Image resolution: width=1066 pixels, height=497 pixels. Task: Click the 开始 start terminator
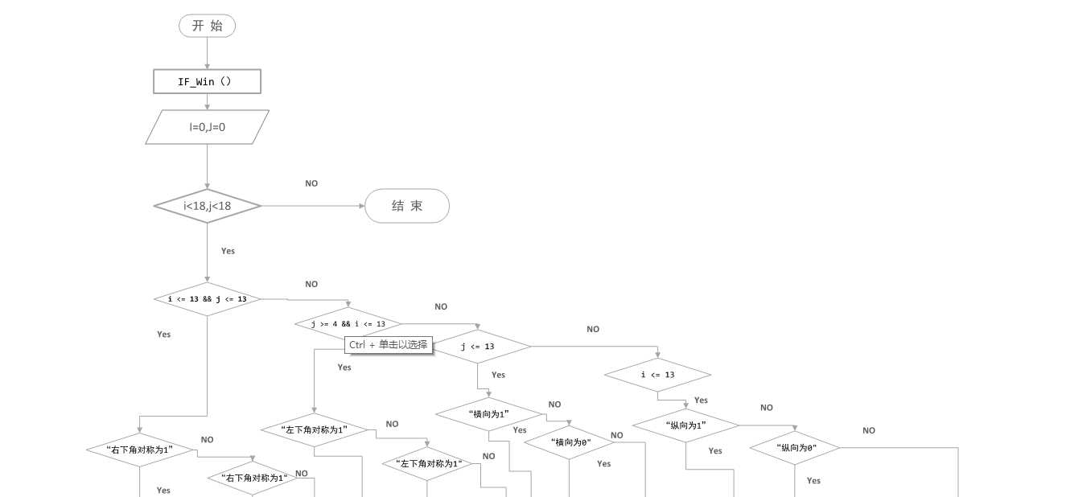click(x=207, y=26)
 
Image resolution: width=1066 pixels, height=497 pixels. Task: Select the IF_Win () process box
click(x=207, y=81)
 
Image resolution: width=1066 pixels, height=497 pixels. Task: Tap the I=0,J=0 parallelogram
click(x=207, y=127)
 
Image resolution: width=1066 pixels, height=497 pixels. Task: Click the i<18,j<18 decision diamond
click(x=208, y=206)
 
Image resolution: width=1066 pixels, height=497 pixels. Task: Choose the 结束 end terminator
click(x=406, y=206)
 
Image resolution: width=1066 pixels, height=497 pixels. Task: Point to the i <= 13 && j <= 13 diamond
click(x=207, y=299)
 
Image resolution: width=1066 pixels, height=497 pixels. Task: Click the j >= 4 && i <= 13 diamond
click(x=348, y=324)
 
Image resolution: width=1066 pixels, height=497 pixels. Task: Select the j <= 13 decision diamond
click(x=478, y=347)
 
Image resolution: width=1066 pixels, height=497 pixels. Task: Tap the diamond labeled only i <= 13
click(x=657, y=375)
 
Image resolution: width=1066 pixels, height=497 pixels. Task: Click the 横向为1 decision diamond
click(x=488, y=413)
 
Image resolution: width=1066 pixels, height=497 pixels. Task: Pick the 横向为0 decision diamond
click(x=570, y=442)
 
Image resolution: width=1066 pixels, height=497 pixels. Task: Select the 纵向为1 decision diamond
click(x=685, y=425)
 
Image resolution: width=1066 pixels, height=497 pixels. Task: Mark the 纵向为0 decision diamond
click(x=795, y=448)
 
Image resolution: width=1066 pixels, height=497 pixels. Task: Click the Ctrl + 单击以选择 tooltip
click(x=389, y=344)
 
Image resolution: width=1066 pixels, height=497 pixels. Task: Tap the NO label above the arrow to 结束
click(x=311, y=183)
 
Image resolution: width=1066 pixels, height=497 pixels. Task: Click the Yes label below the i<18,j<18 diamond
click(x=228, y=251)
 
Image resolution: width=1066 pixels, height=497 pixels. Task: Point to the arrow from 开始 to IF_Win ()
click(x=207, y=53)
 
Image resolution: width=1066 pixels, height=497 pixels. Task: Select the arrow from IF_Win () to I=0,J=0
click(x=207, y=101)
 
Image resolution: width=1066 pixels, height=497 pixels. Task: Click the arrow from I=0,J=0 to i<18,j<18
click(x=207, y=166)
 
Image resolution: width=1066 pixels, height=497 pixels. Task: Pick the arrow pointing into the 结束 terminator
click(x=314, y=206)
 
